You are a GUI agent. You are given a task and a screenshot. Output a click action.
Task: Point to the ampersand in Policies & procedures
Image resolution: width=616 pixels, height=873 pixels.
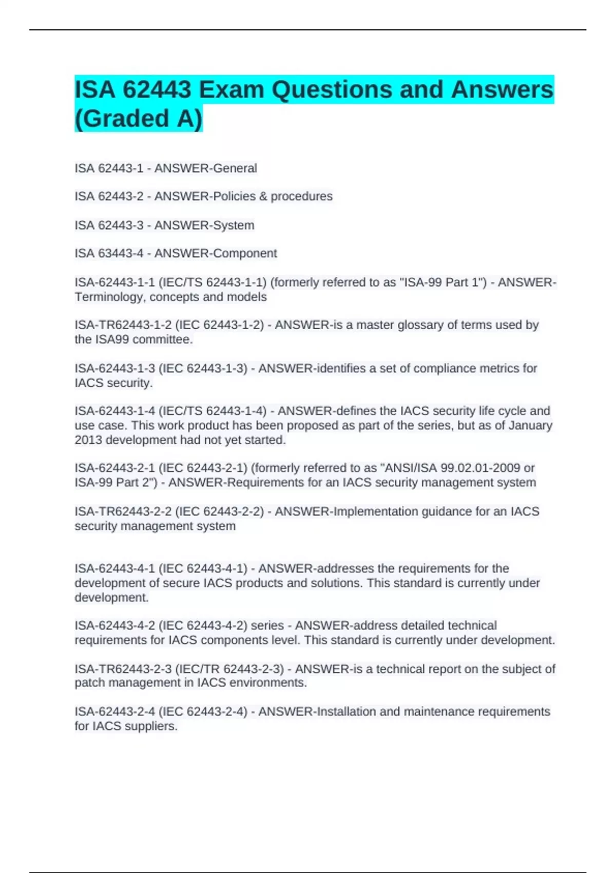click(263, 197)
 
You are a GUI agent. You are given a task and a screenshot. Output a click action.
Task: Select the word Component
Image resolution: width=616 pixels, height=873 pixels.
click(245, 254)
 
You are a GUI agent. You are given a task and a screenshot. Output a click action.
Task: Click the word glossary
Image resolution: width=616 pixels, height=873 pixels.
click(421, 325)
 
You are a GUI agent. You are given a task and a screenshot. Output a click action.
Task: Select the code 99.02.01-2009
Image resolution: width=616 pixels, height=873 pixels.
click(475, 468)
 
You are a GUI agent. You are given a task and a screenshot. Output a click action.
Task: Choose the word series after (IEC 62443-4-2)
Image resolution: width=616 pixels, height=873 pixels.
click(267, 626)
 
